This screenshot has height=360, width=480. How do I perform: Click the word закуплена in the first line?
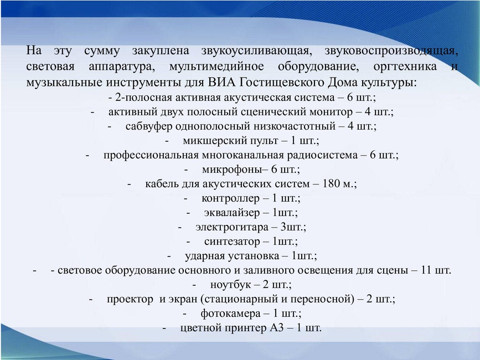tap(161, 51)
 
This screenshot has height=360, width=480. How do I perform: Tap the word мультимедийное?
tap(216, 66)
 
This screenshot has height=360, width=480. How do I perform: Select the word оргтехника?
tap(405, 66)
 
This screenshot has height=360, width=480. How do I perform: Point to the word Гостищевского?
tap(282, 83)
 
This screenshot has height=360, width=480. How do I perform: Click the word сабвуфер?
tap(149, 126)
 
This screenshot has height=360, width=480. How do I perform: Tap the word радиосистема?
tap(322, 155)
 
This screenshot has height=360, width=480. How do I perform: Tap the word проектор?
tap(130, 299)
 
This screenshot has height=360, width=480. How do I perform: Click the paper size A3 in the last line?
tap(277, 328)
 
